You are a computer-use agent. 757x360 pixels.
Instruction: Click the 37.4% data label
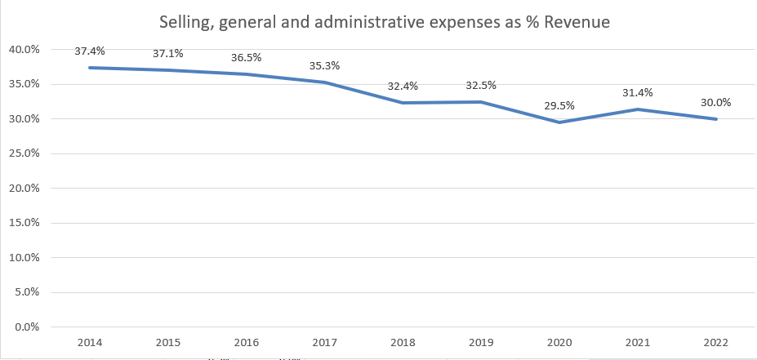click(x=90, y=51)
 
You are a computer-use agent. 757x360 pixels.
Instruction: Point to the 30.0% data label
click(x=715, y=102)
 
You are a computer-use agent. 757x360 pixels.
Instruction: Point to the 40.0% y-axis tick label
click(x=24, y=50)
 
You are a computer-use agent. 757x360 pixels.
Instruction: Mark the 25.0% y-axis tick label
click(x=24, y=153)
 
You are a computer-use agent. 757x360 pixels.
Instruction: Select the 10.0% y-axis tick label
click(x=24, y=258)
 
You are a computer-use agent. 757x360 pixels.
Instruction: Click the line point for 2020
click(x=559, y=122)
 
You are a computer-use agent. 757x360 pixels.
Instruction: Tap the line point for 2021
click(x=638, y=109)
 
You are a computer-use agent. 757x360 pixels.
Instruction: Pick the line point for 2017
click(x=325, y=82)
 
